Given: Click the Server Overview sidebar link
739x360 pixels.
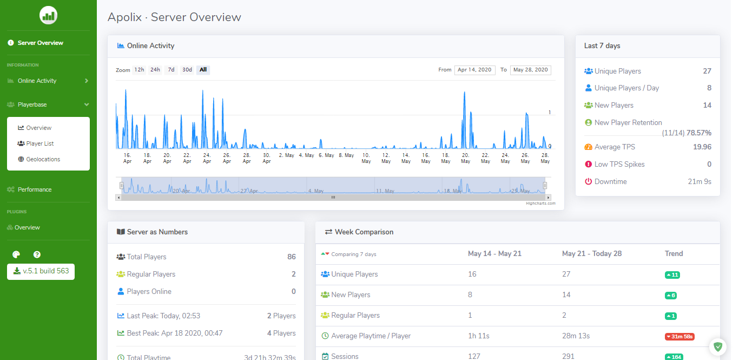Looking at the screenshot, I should click(x=40, y=43).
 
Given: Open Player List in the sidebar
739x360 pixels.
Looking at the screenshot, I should click(x=40, y=143).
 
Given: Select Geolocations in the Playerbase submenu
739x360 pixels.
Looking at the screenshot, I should click(x=43, y=159).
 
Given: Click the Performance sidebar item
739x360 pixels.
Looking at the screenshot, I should click(x=35, y=189).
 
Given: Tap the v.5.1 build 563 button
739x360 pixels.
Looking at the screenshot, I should click(x=41, y=271).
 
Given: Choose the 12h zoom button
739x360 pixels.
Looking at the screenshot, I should click(x=139, y=70).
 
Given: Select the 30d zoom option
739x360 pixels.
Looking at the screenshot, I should click(x=187, y=70).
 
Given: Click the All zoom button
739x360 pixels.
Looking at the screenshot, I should click(x=203, y=70).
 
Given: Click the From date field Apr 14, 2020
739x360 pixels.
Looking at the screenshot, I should click(x=474, y=70).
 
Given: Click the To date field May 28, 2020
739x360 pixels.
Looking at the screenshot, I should click(x=530, y=70).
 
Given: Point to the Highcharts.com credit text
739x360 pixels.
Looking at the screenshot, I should click(x=540, y=204).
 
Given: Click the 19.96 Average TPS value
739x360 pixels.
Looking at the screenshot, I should click(x=702, y=147).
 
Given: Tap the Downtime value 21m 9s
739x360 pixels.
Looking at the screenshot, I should click(x=699, y=181).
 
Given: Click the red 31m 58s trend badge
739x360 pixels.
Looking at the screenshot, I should click(x=679, y=337).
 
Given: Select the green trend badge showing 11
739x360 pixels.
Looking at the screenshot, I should click(x=672, y=275).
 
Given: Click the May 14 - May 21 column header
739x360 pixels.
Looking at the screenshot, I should click(x=494, y=253).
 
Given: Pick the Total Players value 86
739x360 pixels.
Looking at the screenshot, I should click(x=292, y=257).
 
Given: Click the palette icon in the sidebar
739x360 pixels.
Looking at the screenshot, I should click(x=16, y=254).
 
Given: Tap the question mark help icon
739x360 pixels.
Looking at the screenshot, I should click(x=37, y=254).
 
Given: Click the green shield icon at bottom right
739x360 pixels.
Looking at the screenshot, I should click(x=718, y=346).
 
